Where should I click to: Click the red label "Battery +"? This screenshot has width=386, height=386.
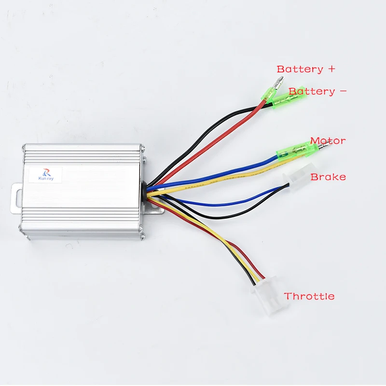[x=305, y=69]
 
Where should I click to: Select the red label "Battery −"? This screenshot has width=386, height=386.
[x=317, y=91]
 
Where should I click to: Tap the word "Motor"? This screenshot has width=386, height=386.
[x=328, y=141]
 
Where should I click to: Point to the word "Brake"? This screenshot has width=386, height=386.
[x=328, y=177]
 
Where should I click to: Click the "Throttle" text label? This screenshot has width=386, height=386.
[x=309, y=296]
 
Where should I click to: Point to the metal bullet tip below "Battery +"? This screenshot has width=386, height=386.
[x=280, y=83]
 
